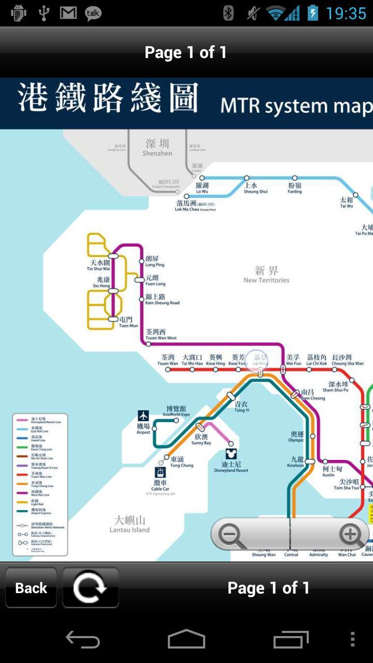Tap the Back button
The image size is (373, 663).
(x=31, y=588)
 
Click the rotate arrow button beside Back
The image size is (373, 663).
(x=91, y=588)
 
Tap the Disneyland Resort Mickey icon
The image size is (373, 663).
(x=231, y=454)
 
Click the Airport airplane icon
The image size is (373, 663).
(x=144, y=416)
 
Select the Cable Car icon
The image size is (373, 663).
(x=161, y=472)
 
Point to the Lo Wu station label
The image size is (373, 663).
(x=202, y=188)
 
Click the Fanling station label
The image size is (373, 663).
(x=295, y=188)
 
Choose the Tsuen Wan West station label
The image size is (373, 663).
(x=161, y=335)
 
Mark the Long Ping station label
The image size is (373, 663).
(x=154, y=262)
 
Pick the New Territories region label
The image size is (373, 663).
(x=266, y=275)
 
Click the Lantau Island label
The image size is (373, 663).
(x=130, y=524)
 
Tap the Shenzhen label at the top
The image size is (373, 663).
(x=157, y=148)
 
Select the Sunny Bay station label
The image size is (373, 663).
(x=201, y=440)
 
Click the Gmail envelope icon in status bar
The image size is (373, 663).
(x=68, y=13)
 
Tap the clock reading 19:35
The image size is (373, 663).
(x=346, y=13)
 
